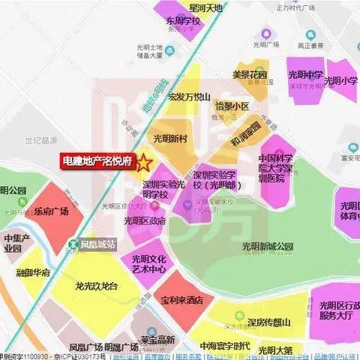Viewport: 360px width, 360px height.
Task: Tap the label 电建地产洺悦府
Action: pos(97,160)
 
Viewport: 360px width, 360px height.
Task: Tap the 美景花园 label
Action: pos(249,75)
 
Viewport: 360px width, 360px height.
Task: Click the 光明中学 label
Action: pos(306,75)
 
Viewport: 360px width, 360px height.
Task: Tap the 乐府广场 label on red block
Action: pos(51,212)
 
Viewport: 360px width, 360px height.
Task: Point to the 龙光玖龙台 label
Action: pos(97,286)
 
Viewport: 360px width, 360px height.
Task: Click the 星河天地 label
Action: pos(206,7)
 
